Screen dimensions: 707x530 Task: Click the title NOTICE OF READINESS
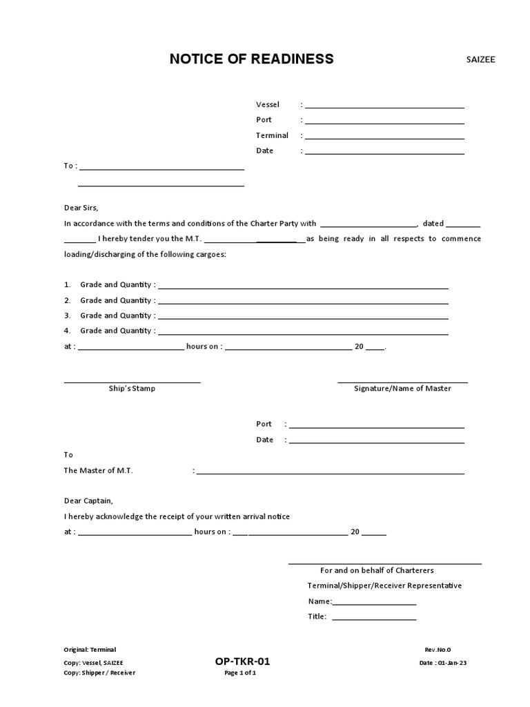[x=251, y=59]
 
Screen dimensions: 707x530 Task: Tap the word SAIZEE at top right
[x=481, y=59]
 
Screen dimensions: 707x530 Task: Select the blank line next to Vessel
[x=384, y=106]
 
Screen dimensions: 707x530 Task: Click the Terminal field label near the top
[x=272, y=135]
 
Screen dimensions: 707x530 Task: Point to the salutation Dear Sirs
[x=81, y=207]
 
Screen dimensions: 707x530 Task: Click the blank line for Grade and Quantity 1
[x=304, y=287]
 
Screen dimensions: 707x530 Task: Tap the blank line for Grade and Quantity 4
[x=304, y=332]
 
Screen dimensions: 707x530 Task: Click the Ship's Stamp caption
[x=132, y=389]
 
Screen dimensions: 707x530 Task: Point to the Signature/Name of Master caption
[x=402, y=389]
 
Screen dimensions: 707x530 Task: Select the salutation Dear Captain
[x=88, y=501]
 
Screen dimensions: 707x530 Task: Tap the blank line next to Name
[x=374, y=603]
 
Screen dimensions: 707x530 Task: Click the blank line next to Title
[x=374, y=619]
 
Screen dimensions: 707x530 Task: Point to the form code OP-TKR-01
[x=242, y=661]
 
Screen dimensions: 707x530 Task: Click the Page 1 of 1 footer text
[x=241, y=673]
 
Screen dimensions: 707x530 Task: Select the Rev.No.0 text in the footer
[x=438, y=650]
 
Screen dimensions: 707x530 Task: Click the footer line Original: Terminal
[x=90, y=650]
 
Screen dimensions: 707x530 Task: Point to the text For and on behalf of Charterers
[x=377, y=570]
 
